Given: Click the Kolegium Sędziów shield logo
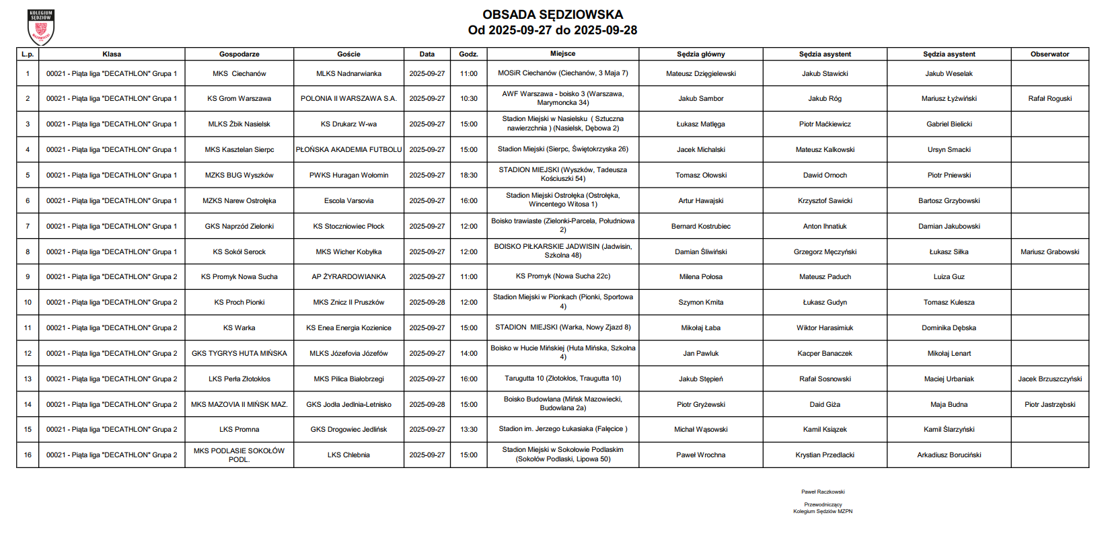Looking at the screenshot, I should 40,27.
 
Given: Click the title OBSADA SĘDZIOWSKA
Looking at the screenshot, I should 552,15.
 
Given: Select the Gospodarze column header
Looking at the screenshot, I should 239,54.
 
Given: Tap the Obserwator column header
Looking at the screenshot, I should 1049,54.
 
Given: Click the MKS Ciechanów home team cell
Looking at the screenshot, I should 239,73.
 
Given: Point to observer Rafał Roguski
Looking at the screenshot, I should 1049,98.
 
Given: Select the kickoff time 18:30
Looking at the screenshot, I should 468,175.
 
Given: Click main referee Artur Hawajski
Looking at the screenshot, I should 700,200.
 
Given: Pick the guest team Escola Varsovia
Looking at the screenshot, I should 348,200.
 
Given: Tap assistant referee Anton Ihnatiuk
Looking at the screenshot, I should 825,226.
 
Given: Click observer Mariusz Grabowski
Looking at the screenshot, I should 1049,252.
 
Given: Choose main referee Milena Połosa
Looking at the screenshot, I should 700,276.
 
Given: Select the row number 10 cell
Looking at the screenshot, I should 28,302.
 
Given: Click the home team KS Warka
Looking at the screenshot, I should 239,328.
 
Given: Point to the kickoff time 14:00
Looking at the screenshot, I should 468,353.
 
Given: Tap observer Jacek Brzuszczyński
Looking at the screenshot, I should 1049,379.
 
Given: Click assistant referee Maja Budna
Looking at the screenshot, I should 949,404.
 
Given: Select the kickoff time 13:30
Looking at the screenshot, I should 468,429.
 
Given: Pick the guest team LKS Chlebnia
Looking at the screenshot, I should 348,455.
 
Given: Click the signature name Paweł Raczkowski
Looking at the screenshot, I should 823,492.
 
